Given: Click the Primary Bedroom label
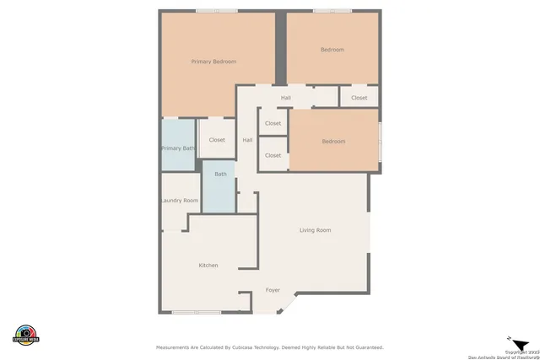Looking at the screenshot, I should click(x=213, y=62).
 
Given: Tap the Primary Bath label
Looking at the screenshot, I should click(x=177, y=148).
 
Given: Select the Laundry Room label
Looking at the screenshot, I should click(x=179, y=201).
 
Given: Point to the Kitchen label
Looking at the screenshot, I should click(x=208, y=266).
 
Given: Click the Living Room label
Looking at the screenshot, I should click(x=316, y=230).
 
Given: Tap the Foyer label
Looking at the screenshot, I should click(x=273, y=290).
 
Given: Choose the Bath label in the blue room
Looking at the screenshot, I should click(x=220, y=175).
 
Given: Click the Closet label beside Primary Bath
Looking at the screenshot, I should click(x=217, y=140).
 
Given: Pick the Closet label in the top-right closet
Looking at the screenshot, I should click(x=359, y=98).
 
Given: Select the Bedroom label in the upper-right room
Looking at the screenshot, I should click(x=332, y=50).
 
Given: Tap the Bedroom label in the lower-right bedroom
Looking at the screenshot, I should click(x=333, y=142).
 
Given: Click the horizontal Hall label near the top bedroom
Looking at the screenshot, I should click(x=286, y=98).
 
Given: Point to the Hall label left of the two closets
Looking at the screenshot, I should click(x=247, y=140).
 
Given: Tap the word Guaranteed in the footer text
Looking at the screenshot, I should click(x=364, y=347).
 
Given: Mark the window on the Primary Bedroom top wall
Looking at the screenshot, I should click(x=217, y=10).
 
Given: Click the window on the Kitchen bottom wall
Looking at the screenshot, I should click(x=197, y=313).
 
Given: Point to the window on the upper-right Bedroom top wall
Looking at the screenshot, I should click(x=332, y=10).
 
